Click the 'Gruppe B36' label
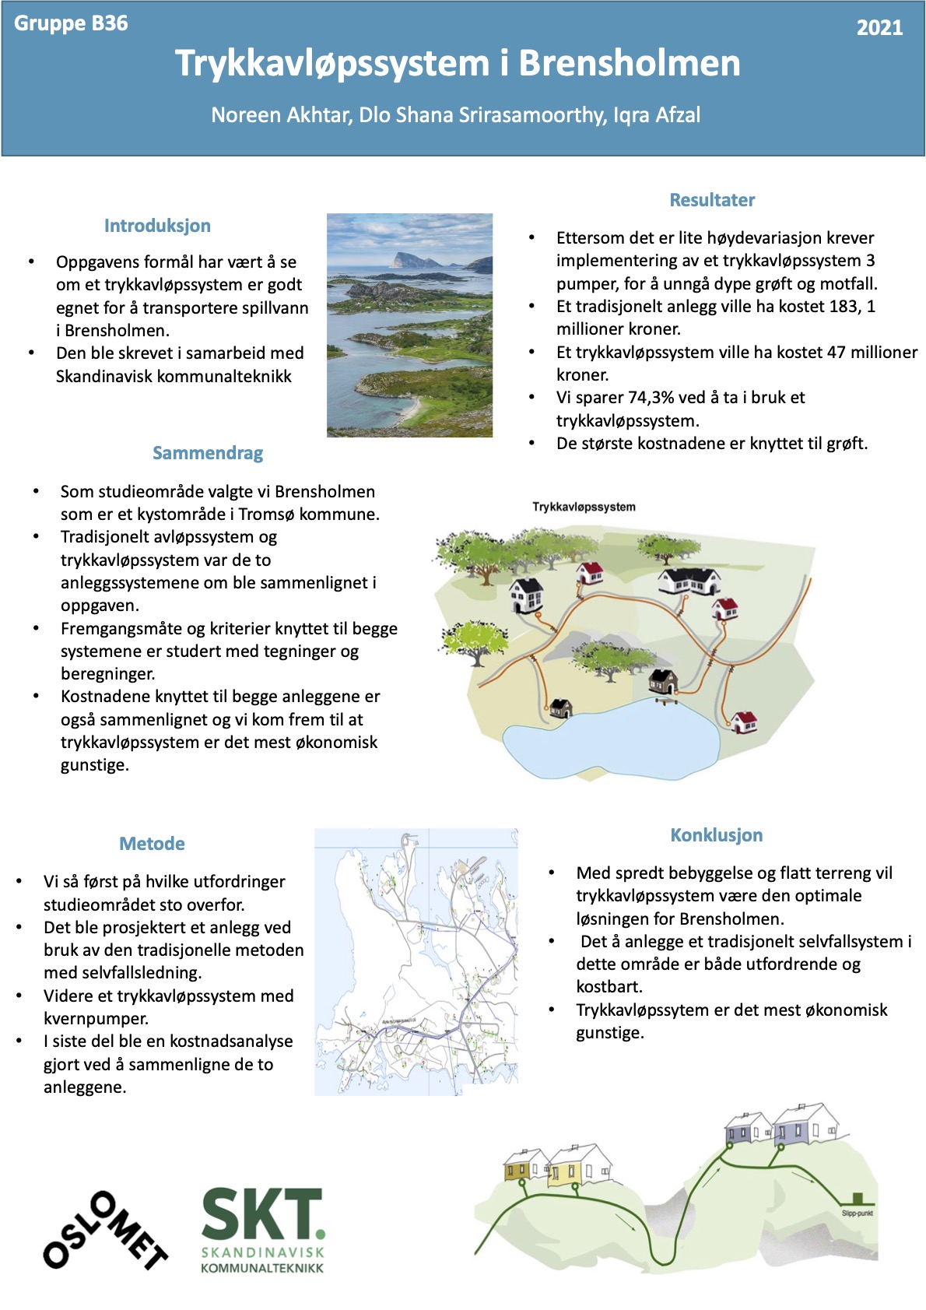(x=71, y=23)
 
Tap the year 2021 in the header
(x=879, y=28)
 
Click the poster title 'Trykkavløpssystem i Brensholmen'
(x=458, y=64)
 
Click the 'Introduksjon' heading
(x=157, y=226)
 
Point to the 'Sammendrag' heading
(x=208, y=453)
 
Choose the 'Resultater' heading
(x=712, y=200)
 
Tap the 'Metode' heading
(x=152, y=844)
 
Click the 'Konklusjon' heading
(x=716, y=835)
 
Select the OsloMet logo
(x=105, y=1230)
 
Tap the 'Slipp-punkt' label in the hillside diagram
(x=857, y=1213)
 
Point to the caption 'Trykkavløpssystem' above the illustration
(x=584, y=507)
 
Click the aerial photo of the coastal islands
(x=409, y=325)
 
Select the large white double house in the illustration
(x=689, y=579)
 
